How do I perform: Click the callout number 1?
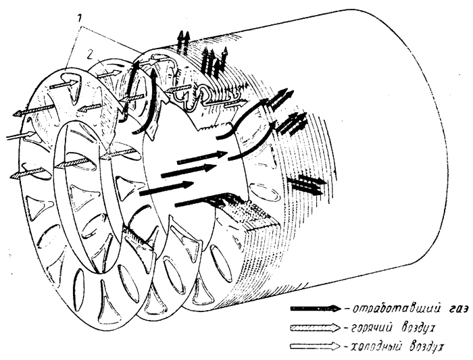[79, 19]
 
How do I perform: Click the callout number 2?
[89, 53]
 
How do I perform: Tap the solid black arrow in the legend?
[316, 309]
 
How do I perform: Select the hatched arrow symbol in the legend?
[316, 328]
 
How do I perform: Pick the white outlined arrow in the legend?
[316, 346]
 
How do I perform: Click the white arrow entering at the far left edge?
[20, 135]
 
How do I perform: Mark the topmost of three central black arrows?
[202, 157]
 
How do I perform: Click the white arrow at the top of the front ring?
[64, 84]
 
